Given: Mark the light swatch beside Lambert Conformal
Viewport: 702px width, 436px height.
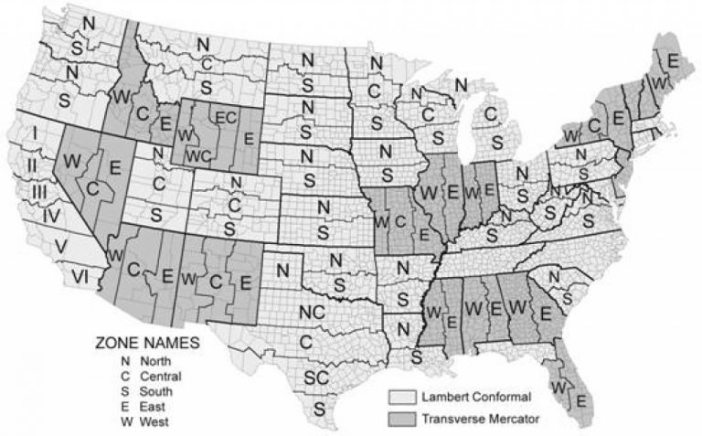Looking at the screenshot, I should [x=399, y=399].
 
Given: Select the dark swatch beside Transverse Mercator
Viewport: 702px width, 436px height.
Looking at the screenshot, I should [x=399, y=420].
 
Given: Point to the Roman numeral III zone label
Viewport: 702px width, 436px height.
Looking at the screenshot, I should [x=39, y=191].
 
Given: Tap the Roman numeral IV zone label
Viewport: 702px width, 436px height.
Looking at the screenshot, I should [x=51, y=217].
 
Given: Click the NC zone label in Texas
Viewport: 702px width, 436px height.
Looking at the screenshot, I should [x=312, y=311].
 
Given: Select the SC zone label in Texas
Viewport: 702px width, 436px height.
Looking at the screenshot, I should [x=317, y=378].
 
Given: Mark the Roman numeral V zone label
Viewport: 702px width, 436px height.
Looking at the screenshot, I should [x=60, y=246].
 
